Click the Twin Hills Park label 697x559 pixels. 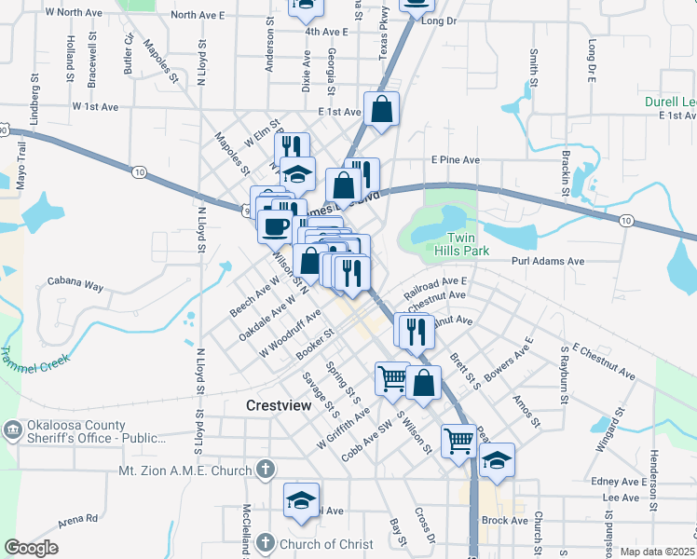[461, 244]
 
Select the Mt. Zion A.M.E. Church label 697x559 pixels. [185, 470]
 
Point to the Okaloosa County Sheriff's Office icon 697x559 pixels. [12, 429]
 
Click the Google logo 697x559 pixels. [31, 548]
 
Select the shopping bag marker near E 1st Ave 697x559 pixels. [382, 109]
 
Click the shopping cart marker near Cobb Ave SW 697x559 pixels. [392, 378]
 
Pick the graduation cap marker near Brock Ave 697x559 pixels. [497, 460]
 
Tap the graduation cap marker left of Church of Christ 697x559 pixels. [301, 501]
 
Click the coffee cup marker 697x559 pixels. [275, 225]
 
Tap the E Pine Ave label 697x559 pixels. [455, 160]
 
